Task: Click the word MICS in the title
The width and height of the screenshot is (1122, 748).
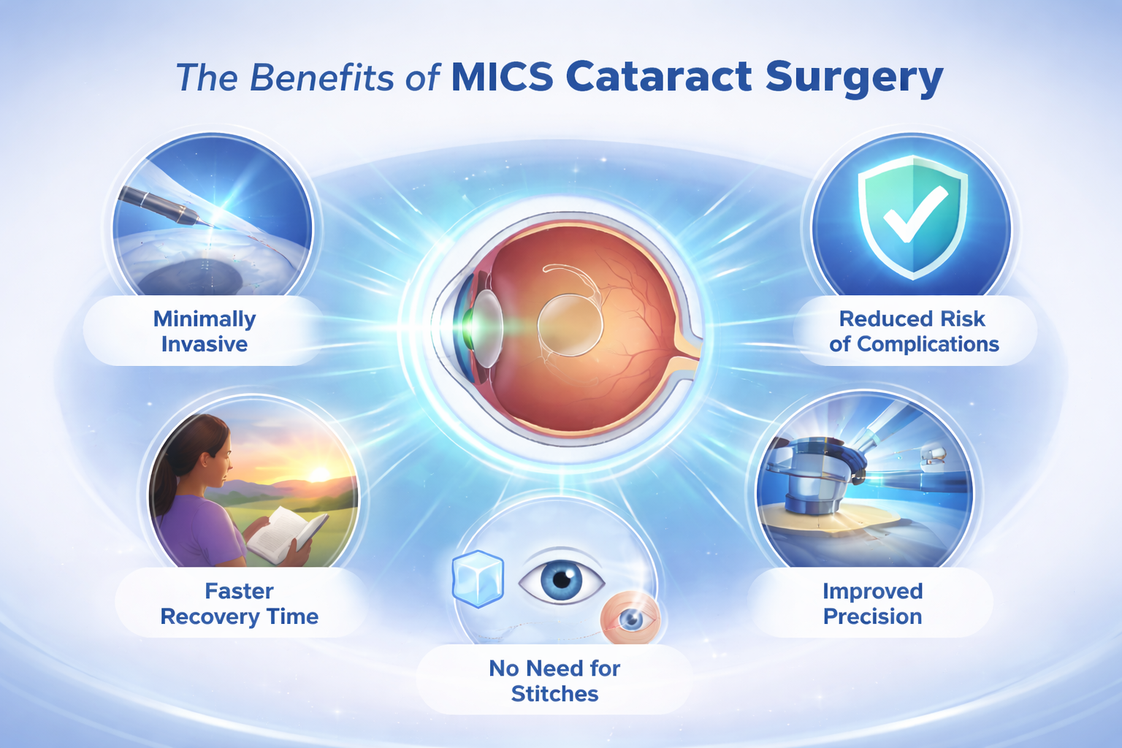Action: [x=502, y=77]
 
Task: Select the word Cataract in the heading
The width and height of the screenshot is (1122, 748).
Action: [x=659, y=77]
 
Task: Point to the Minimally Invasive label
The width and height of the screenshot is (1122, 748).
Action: [x=204, y=331]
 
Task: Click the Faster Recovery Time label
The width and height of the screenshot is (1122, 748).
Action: [x=239, y=603]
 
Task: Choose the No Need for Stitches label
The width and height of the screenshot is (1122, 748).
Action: [x=554, y=680]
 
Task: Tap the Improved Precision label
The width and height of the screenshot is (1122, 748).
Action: [x=872, y=603]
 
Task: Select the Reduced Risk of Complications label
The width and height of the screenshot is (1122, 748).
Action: [x=914, y=331]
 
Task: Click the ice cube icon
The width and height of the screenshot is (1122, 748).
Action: [x=478, y=579]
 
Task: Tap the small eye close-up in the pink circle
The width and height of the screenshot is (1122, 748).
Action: [x=630, y=619]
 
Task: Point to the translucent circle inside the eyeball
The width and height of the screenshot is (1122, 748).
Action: [x=570, y=325]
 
